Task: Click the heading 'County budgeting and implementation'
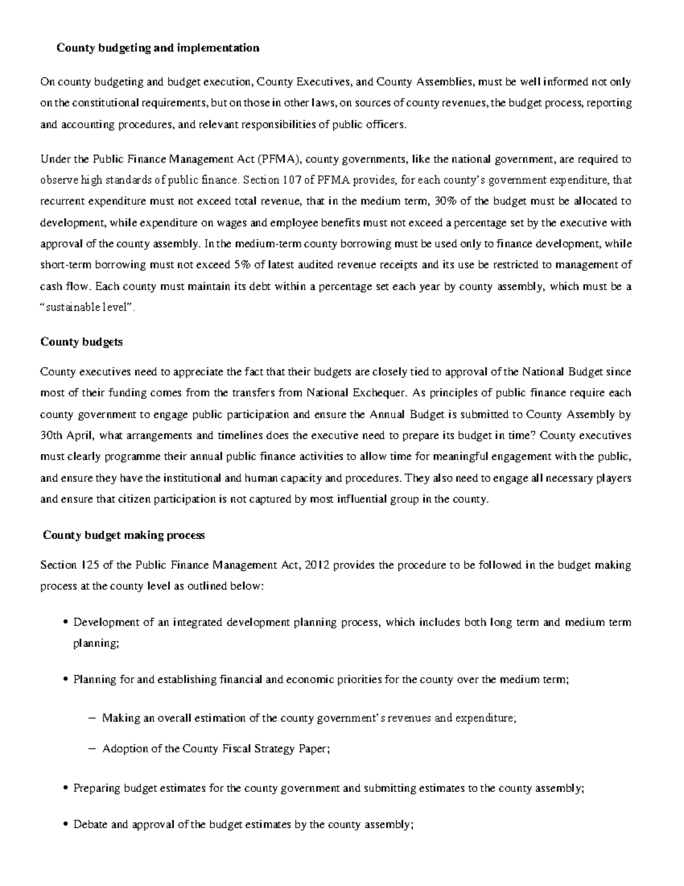point(157,48)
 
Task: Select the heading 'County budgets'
point(82,342)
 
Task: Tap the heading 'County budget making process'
point(124,535)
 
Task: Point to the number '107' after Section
point(290,180)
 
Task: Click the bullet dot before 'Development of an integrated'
point(67,623)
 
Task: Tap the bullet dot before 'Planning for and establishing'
point(67,680)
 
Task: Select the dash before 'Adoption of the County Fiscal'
point(93,749)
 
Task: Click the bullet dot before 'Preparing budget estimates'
point(67,789)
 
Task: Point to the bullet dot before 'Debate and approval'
point(67,825)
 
